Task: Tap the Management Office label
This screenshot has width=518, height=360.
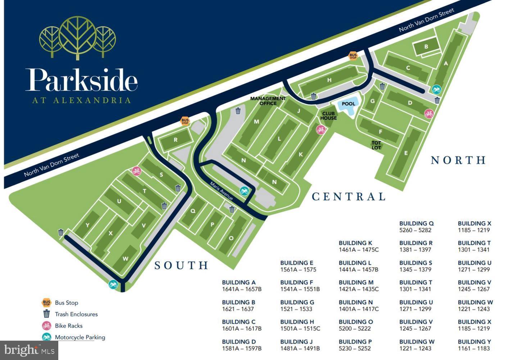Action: pos(268,101)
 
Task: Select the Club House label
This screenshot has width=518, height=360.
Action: pos(328,116)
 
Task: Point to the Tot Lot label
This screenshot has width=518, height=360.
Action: pos(376,145)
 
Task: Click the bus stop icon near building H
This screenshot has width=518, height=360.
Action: pos(353,56)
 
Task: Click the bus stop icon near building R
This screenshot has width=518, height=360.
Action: pos(185,121)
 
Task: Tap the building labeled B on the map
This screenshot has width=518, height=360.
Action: pos(426,47)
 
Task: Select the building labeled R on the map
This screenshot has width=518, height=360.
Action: pos(176,140)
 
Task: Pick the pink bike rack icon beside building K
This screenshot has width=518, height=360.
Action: pos(321,130)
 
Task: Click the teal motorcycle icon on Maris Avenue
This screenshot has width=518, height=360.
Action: pos(245,191)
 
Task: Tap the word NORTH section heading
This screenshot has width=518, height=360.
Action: pos(458,160)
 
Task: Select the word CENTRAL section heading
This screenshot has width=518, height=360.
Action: pos(348,197)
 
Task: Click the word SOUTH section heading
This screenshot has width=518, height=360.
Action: pos(181,265)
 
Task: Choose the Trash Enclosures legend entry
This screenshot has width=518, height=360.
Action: pos(76,314)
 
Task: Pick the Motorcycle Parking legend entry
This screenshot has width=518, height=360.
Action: pos(79,337)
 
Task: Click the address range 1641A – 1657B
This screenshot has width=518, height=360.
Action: pos(241,289)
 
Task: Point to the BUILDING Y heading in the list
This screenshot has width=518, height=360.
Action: pos(474,342)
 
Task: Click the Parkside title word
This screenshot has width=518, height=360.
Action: pos(81,80)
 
